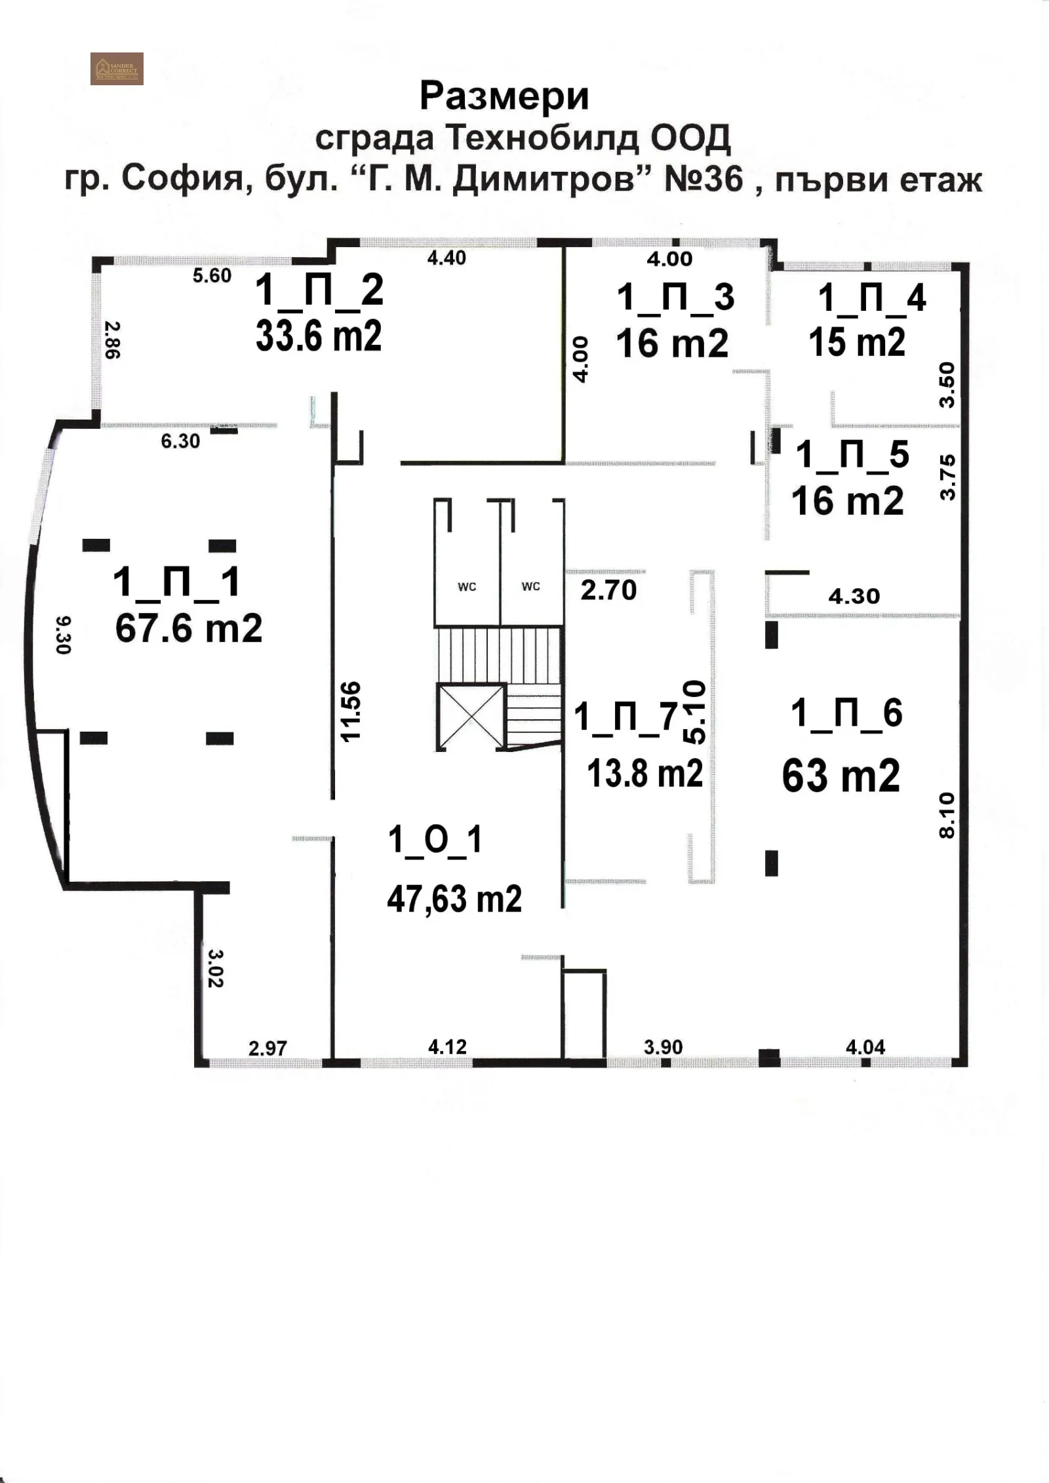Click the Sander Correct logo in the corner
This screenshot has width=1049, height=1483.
[117, 68]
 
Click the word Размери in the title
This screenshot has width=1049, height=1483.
[504, 96]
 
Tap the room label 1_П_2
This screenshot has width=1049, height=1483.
[319, 290]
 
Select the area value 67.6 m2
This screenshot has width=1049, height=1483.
[189, 628]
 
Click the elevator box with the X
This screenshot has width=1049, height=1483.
[471, 717]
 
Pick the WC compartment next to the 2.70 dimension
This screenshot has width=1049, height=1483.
[531, 586]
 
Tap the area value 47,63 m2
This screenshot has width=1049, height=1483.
[454, 899]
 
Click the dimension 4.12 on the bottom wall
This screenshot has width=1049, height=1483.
[447, 1046]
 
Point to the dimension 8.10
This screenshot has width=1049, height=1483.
[948, 816]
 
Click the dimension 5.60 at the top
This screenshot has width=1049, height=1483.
[212, 275]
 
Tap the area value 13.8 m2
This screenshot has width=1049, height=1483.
[644, 774]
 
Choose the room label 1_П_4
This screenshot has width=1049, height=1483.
[871, 298]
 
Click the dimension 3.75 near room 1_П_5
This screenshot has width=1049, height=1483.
[947, 477]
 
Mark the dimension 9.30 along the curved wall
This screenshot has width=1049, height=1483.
[62, 635]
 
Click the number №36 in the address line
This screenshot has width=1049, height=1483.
[704, 179]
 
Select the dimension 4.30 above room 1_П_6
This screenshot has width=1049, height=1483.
[854, 596]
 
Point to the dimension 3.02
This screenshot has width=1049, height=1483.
[216, 968]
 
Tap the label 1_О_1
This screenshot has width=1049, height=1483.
[435, 840]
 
